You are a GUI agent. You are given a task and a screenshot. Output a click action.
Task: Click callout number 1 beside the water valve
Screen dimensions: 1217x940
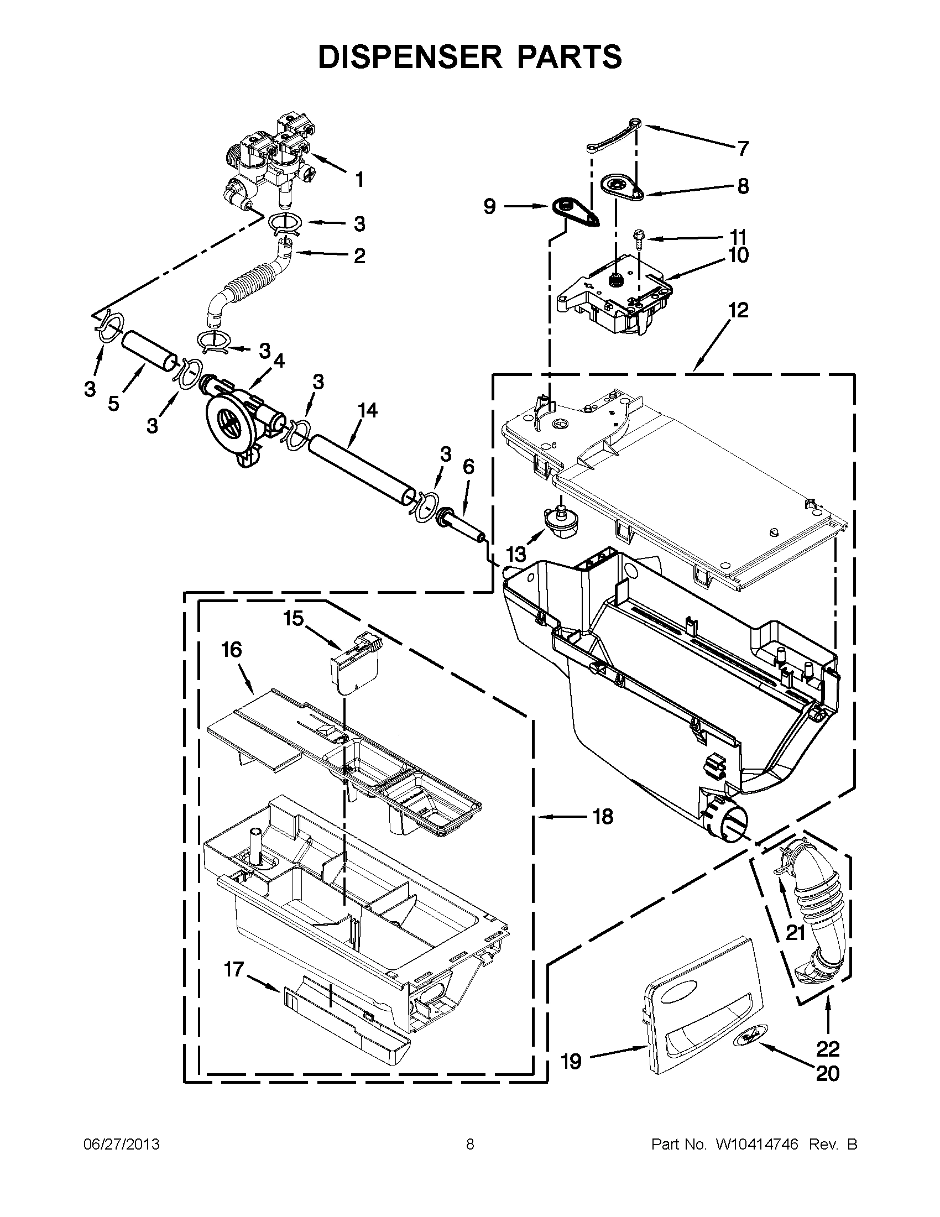[x=359, y=180]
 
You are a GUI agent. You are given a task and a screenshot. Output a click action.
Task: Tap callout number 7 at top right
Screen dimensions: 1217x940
[x=742, y=148]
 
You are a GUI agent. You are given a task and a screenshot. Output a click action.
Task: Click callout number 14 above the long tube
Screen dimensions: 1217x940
[x=367, y=411]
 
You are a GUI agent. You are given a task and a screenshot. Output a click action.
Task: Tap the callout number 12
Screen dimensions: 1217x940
[x=738, y=310]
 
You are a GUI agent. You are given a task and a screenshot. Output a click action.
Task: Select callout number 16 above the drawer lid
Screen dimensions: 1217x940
[x=232, y=650]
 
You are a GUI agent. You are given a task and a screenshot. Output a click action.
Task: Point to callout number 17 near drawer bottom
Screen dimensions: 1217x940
[x=234, y=970]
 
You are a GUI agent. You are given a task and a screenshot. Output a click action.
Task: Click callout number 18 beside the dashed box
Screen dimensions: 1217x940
[x=602, y=817]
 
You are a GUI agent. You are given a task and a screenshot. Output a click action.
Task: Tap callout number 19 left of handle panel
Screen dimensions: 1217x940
[x=571, y=1062]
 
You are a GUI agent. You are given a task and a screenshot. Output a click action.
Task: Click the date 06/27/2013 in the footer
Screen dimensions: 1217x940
[x=122, y=1145]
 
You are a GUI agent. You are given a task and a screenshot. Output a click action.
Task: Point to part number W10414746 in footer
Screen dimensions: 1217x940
[x=756, y=1145]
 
